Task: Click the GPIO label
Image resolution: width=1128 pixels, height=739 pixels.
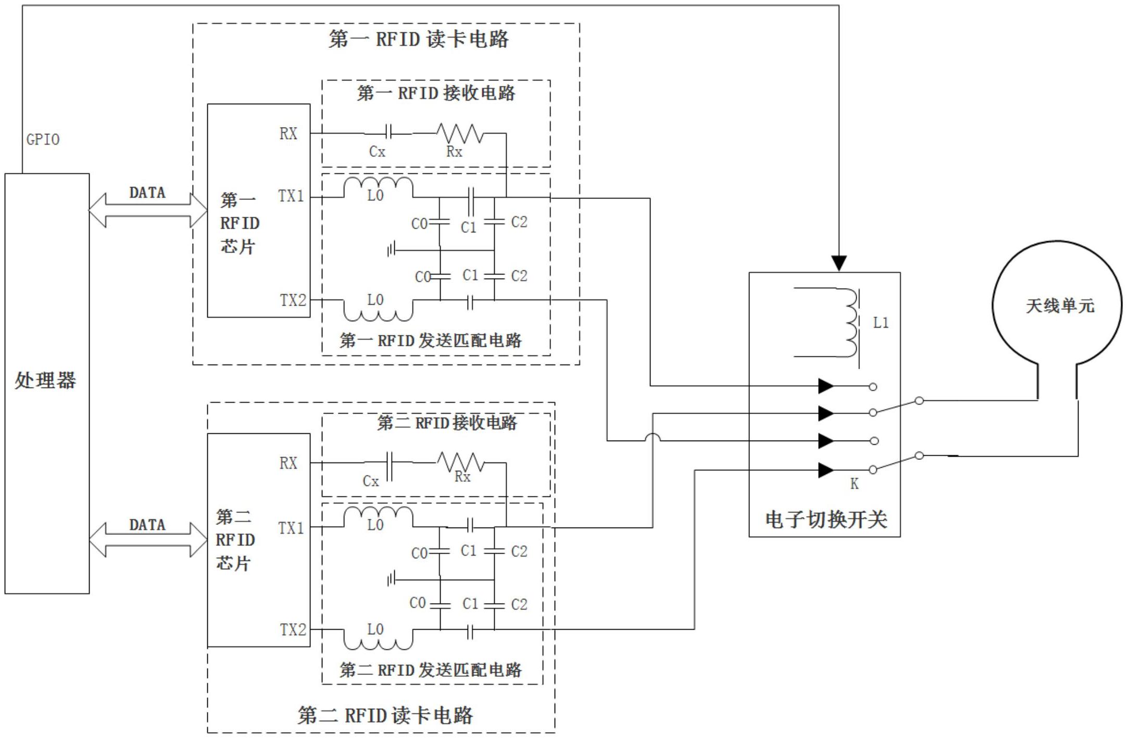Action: pos(43,140)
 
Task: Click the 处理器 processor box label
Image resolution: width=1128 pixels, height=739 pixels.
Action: pos(45,381)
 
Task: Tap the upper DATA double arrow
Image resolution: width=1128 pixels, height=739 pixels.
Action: pos(148,210)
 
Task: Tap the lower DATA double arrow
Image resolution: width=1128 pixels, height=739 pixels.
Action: pos(148,540)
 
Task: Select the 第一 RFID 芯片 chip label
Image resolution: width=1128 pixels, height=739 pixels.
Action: pos(239,223)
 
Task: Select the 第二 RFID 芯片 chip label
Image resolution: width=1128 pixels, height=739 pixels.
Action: pos(235,540)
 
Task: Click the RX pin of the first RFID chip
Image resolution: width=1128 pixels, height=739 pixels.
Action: pos(288,133)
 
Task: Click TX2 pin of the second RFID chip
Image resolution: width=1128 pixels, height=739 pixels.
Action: pos(293,630)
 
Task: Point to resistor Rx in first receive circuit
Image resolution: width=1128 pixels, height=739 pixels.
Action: pos(460,133)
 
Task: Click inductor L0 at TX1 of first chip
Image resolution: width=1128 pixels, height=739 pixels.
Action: pos(378,187)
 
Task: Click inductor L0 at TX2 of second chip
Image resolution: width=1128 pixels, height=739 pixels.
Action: pos(378,640)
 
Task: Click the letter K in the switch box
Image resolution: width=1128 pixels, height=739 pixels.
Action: pos(854,484)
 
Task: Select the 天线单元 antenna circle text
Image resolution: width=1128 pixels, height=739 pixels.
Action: pos(1060,306)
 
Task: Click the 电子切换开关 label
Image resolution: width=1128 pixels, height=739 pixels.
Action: pos(825,519)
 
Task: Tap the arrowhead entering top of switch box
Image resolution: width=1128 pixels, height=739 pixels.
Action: pos(838,263)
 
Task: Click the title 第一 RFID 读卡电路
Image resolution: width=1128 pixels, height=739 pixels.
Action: pos(418,39)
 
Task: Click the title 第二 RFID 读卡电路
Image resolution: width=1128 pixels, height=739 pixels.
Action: pos(385,715)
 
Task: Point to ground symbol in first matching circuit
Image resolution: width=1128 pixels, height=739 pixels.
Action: pos(392,250)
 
